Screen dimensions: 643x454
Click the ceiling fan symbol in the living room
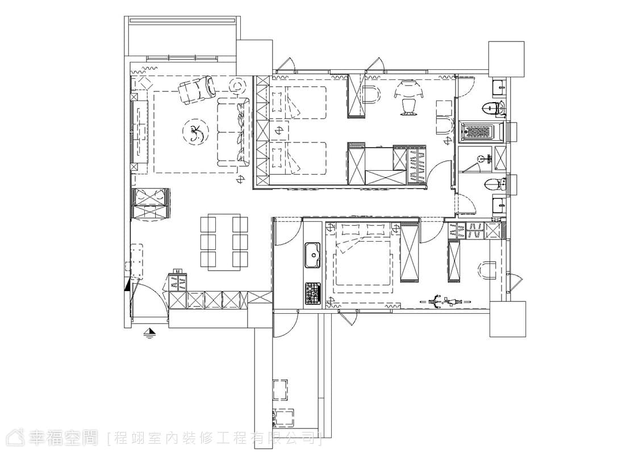[195, 132]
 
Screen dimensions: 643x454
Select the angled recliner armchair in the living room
[197, 89]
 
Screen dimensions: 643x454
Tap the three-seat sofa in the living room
[233, 132]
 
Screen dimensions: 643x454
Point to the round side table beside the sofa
[238, 86]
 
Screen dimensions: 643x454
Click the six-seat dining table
[224, 242]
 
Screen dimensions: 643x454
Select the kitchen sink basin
[313, 255]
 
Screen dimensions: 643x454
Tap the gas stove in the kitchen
[312, 293]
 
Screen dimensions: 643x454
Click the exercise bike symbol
[445, 302]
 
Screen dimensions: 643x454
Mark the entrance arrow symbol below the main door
[151, 333]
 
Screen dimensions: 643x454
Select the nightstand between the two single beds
[279, 131]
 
